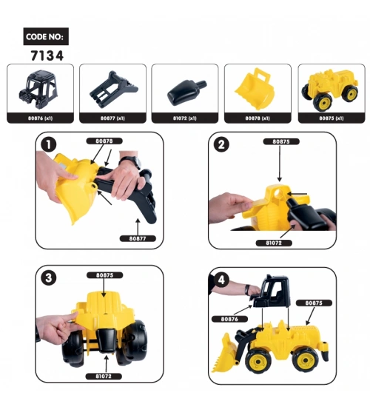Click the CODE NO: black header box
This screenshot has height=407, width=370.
pos(46,36)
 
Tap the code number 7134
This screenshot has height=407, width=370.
pos(47,55)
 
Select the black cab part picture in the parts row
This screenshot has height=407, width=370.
pos(38,87)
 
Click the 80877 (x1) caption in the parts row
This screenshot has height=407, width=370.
pos(112,118)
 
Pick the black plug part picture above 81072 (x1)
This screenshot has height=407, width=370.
pos(186,91)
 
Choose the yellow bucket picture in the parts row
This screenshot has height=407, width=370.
pos(255,88)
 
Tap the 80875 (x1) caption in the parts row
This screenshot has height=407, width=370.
pos(332,118)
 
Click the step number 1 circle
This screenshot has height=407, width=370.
pos(49,144)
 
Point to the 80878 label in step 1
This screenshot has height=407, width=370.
pos(104,141)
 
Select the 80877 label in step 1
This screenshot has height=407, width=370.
pos(138,238)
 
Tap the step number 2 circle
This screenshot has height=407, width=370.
pos(221,144)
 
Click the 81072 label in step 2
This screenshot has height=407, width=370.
pos(274,243)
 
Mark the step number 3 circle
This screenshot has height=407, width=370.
pos(49,278)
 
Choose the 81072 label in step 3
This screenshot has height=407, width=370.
pos(104,376)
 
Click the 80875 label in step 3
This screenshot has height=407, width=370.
pos(104,275)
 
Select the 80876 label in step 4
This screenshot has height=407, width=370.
pos(229,319)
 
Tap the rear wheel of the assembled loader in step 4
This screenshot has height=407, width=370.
pos(305,360)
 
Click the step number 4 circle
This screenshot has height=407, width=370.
pos(221,280)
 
